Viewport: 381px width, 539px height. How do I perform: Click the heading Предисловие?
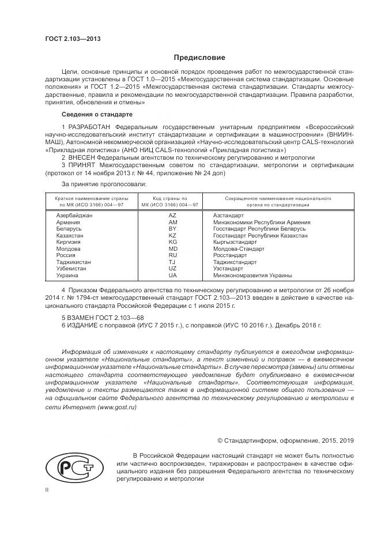(199, 58)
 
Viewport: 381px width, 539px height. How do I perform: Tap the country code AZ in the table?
(172, 215)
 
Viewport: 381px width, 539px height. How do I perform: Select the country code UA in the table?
(172, 276)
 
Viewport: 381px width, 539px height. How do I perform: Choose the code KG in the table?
(172, 242)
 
